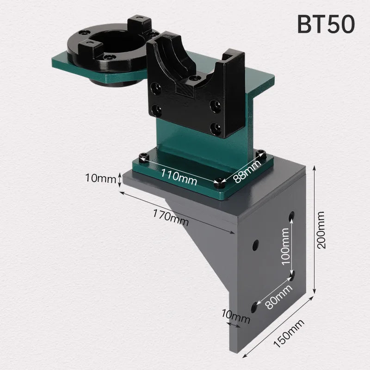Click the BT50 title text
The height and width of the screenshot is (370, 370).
click(326, 24)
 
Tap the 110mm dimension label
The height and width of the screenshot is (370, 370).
click(179, 177)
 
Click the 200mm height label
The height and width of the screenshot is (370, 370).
click(322, 230)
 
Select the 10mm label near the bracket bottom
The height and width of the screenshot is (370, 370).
click(235, 318)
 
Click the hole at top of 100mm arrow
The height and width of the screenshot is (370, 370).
click(291, 216)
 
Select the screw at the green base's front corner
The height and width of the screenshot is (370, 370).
click(219, 184)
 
